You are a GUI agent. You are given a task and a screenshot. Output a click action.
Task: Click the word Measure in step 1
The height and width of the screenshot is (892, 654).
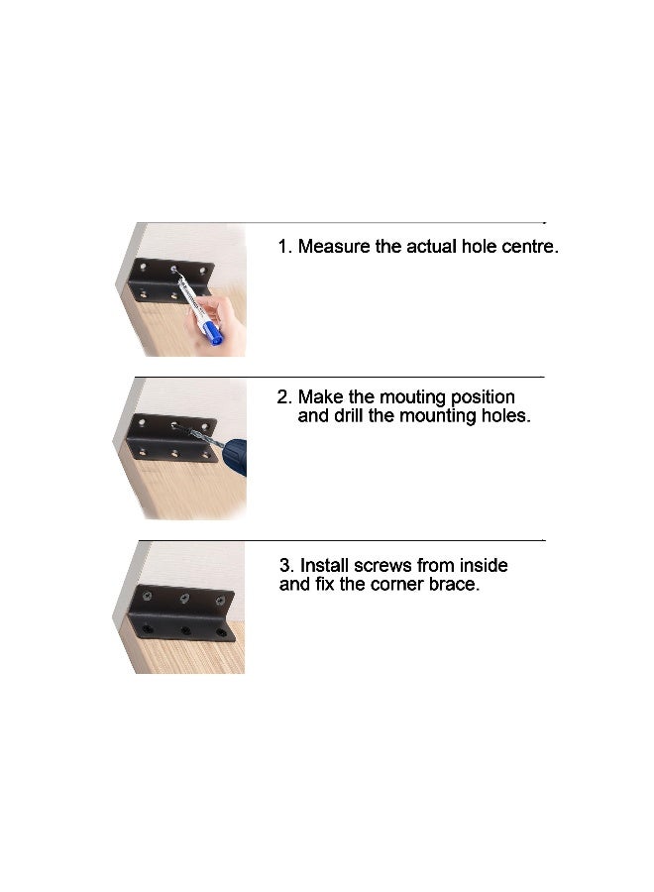[x=335, y=247]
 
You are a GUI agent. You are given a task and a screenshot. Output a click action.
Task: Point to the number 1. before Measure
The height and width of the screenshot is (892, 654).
[x=284, y=247]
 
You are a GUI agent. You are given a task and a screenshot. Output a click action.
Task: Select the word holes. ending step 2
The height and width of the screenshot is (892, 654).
[x=504, y=416]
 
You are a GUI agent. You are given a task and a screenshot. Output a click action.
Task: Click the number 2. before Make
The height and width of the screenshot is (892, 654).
[x=284, y=397]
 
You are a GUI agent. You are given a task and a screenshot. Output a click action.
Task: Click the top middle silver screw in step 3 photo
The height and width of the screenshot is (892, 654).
[x=184, y=599]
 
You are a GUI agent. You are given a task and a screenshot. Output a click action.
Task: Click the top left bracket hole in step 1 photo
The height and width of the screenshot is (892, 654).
[x=143, y=269]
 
